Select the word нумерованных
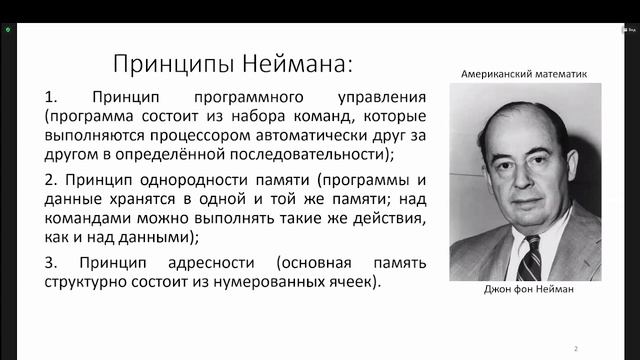283,283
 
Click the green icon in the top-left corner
9,30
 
